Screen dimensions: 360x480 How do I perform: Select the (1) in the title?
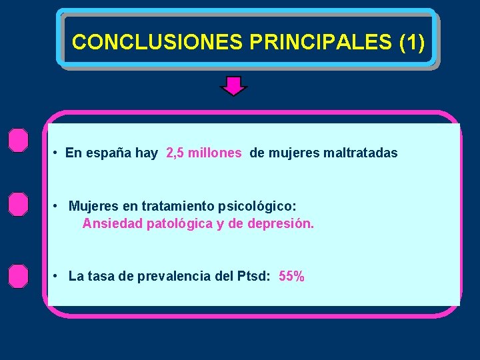(x=411, y=42)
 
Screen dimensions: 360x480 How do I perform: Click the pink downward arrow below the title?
(x=233, y=86)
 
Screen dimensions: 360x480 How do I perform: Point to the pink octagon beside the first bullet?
(x=19, y=141)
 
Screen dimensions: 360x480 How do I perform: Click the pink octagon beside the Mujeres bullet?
(x=19, y=203)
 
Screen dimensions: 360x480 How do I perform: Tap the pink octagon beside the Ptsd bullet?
(x=19, y=275)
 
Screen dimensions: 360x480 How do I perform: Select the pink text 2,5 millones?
(x=204, y=153)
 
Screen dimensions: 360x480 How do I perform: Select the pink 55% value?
(x=292, y=276)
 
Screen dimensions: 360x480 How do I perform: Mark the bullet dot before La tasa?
(x=58, y=276)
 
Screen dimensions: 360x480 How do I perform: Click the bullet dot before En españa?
(x=56, y=153)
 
